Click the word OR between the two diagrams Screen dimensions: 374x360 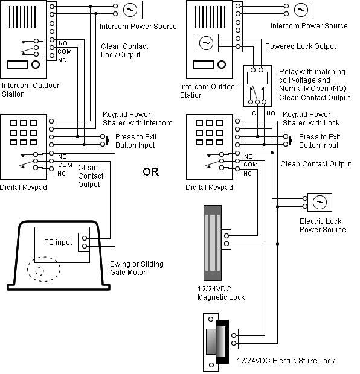pyautogui.click(x=150, y=172)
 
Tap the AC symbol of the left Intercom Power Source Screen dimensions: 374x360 pyautogui.click(x=129, y=10)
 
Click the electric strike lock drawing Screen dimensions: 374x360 pyautogui.click(x=217, y=341)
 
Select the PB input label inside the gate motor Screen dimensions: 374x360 pyautogui.click(x=57, y=242)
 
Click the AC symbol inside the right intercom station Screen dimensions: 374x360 pyautogui.click(x=205, y=43)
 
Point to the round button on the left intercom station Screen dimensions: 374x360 pyautogui.click(x=36, y=65)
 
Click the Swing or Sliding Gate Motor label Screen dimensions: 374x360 pyautogui.click(x=137, y=268)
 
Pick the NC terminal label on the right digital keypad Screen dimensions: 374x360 pyautogui.click(x=248, y=174)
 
